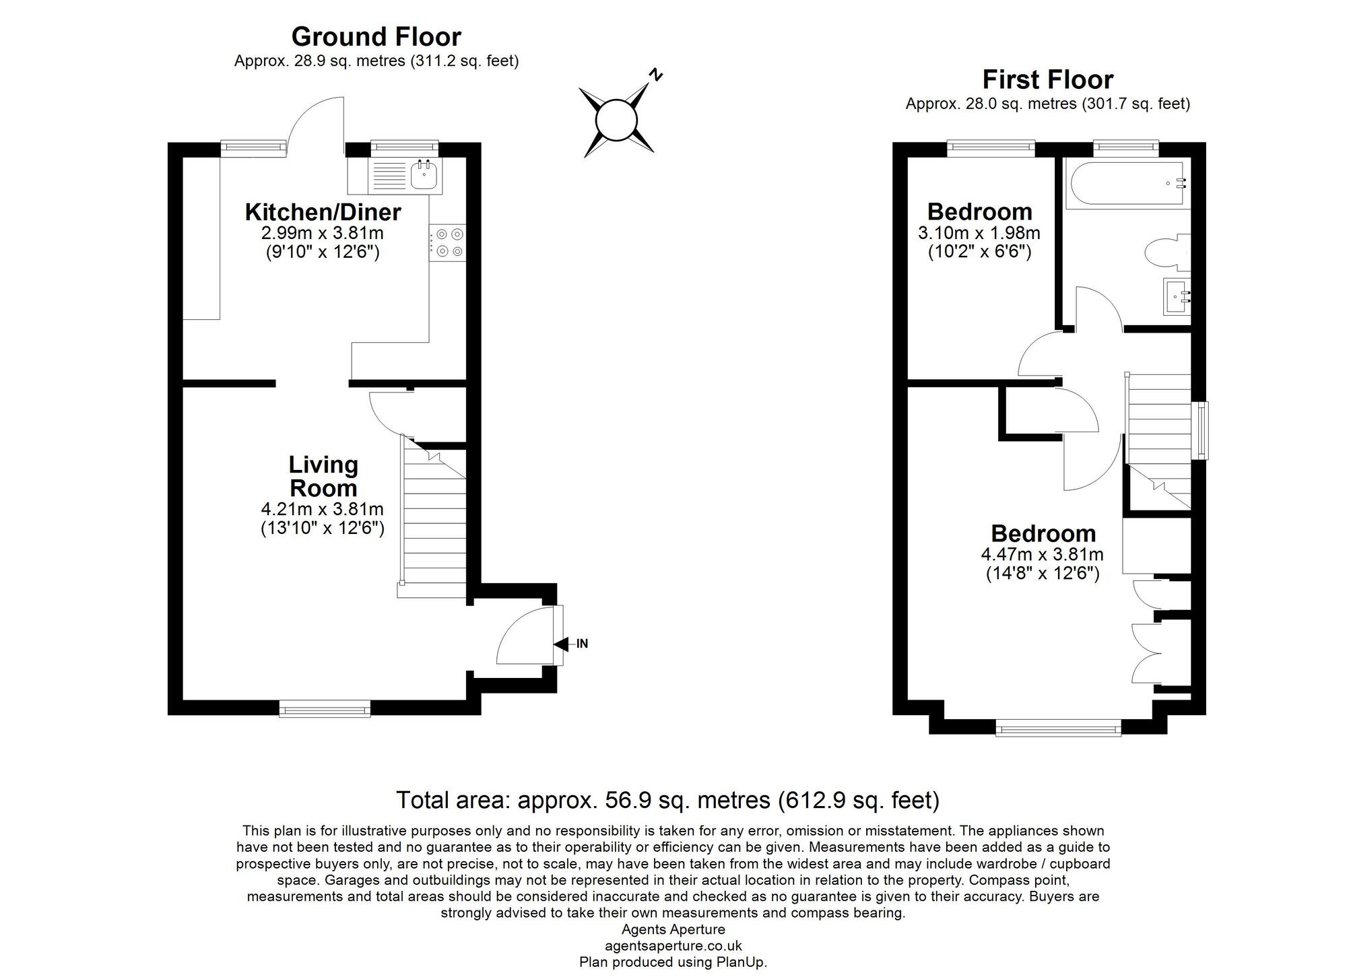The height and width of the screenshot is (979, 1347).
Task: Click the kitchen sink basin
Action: pyautogui.click(x=424, y=176)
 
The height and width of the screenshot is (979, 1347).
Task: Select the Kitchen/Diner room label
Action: pyautogui.click(x=323, y=212)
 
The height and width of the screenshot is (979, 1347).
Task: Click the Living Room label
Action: pyautogui.click(x=323, y=476)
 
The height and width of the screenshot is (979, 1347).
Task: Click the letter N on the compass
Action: pyautogui.click(x=655, y=75)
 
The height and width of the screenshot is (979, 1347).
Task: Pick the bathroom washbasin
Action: pyautogui.click(x=1177, y=296)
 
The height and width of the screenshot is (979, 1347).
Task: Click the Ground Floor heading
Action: pyautogui.click(x=376, y=36)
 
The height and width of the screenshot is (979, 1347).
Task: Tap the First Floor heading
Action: pyautogui.click(x=1047, y=79)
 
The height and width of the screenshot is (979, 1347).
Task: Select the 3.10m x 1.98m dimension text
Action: pyautogui.click(x=979, y=234)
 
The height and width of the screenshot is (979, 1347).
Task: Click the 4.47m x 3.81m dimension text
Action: pyautogui.click(x=1042, y=555)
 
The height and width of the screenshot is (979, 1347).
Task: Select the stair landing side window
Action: pyautogui.click(x=1200, y=431)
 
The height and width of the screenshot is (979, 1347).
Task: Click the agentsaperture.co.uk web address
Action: pyautogui.click(x=673, y=946)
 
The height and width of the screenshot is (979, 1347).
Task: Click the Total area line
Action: pyautogui.click(x=667, y=800)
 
